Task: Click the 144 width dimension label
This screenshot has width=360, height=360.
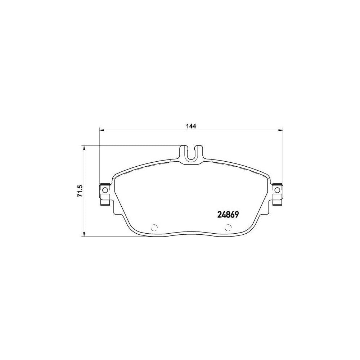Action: tap(191, 126)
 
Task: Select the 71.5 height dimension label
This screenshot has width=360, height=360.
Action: tap(80, 191)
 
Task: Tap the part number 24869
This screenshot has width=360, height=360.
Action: tap(228, 215)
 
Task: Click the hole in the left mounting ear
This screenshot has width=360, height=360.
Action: tap(105, 190)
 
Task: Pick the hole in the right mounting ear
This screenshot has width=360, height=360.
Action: tap(277, 190)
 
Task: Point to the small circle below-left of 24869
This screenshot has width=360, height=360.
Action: tap(154, 228)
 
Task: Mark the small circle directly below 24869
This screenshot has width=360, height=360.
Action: tap(228, 228)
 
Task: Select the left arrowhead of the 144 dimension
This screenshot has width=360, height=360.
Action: tap(102, 130)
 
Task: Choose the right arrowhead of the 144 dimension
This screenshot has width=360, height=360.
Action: tap(280, 130)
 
